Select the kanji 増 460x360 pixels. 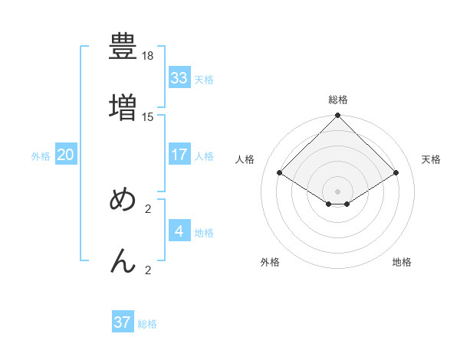point(123,106)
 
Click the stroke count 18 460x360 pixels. point(148,57)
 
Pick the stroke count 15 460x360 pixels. point(148,116)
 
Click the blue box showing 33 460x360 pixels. point(179,78)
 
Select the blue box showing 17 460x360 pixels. point(179,155)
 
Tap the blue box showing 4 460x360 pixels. point(179,231)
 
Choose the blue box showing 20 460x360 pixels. point(66,155)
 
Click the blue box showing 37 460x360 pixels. point(123,322)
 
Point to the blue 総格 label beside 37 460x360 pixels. point(147,324)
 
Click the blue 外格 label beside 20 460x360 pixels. point(41,156)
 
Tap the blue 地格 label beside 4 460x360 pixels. point(204,233)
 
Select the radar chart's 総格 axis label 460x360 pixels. point(338,100)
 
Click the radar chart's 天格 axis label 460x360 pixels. point(432,159)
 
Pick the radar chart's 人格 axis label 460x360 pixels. point(245,159)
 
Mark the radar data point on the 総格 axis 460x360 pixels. point(338,116)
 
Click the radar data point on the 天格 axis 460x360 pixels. point(396,172)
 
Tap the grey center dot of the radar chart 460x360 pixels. point(338,191)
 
